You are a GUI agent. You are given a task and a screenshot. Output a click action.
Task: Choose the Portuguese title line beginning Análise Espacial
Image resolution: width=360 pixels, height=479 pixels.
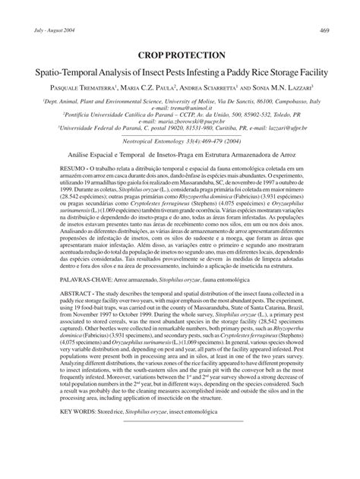click(x=180, y=173)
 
